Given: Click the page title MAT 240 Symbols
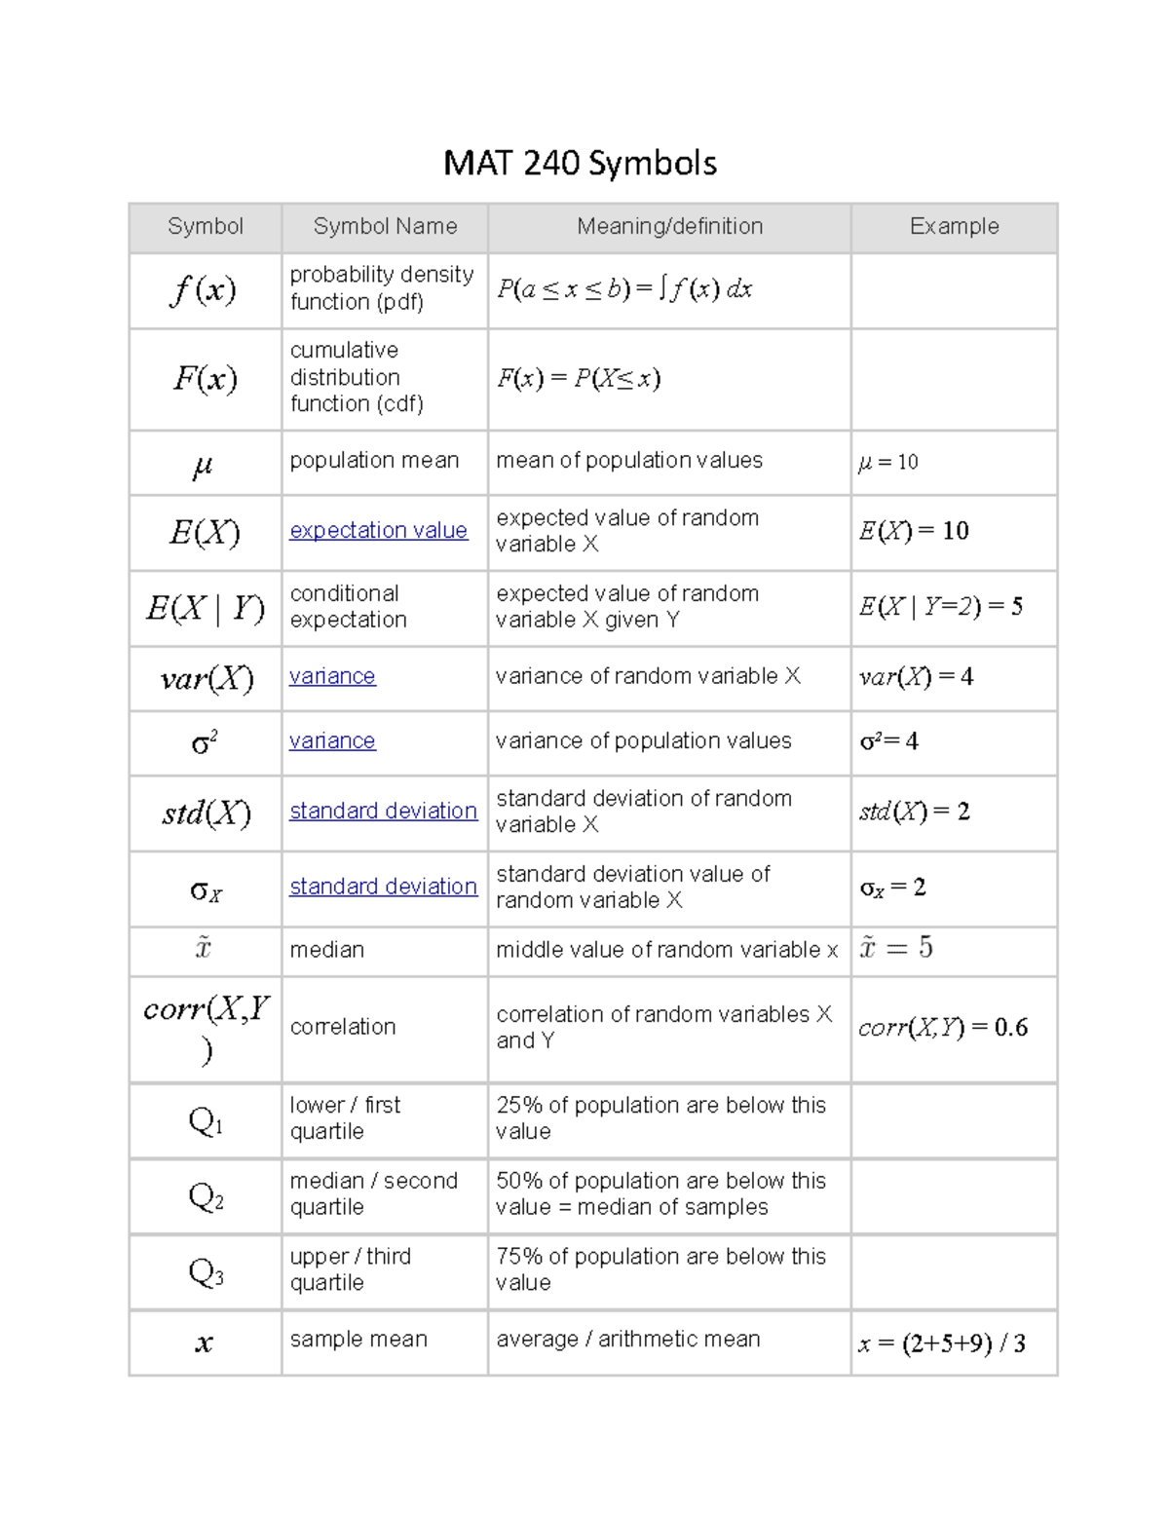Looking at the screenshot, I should pyautogui.click(x=580, y=163).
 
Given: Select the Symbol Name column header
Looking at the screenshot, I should pyautogui.click(x=385, y=226).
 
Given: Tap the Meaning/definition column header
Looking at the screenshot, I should pyautogui.click(x=669, y=226).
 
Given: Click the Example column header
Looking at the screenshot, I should pyautogui.click(x=954, y=226).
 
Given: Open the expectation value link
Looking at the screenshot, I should pyautogui.click(x=378, y=530).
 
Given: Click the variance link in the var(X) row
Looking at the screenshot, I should pyautogui.click(x=332, y=676).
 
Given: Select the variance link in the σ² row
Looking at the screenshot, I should pyautogui.click(x=332, y=741).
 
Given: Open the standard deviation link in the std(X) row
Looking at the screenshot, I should pyautogui.click(x=383, y=811).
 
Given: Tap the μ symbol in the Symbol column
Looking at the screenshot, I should pyautogui.click(x=203, y=465).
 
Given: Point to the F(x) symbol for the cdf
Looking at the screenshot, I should pyautogui.click(x=205, y=378).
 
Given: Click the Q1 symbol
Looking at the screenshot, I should pyautogui.click(x=205, y=1121).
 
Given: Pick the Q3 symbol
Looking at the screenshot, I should pyautogui.click(x=205, y=1272).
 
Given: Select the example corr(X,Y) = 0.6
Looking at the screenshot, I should pyautogui.click(x=942, y=1028).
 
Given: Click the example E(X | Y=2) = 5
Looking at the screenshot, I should pyautogui.click(x=940, y=607).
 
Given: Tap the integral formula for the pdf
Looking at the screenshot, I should pyautogui.click(x=623, y=289).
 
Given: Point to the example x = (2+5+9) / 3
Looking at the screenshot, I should pyautogui.click(x=941, y=1343).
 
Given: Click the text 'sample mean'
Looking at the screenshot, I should pyautogui.click(x=358, y=1340).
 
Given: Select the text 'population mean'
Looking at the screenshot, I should pyautogui.click(x=374, y=460).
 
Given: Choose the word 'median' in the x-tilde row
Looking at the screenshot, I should pyautogui.click(x=326, y=950).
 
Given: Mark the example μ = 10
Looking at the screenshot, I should pyautogui.click(x=887, y=462).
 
